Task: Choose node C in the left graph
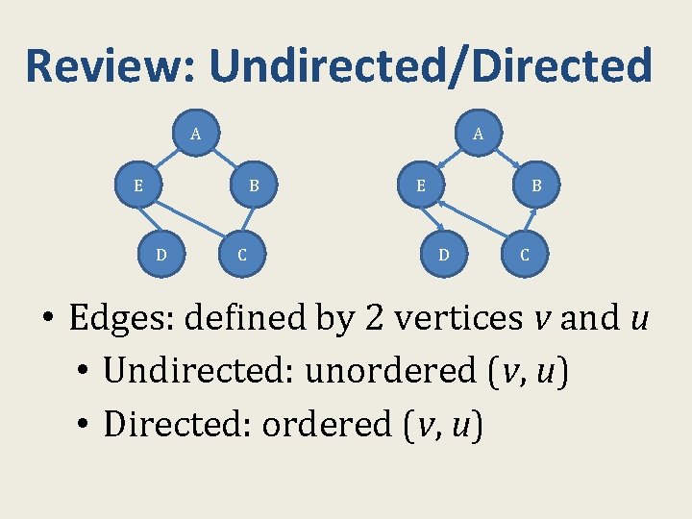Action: pos(241,255)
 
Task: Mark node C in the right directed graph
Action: pos(525,255)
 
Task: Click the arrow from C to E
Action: pos(471,220)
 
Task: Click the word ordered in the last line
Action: pos(325,424)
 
